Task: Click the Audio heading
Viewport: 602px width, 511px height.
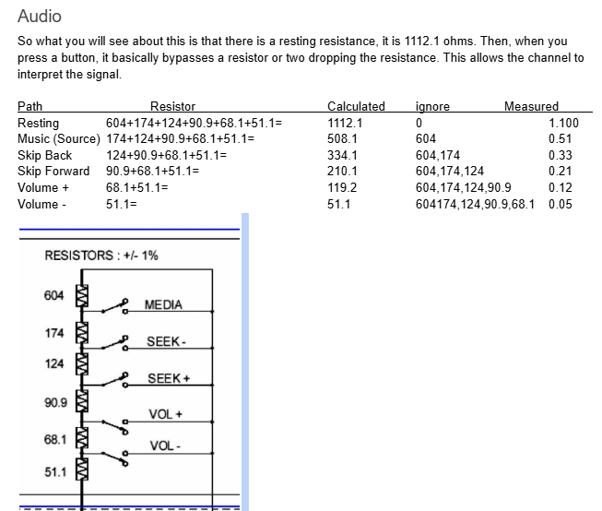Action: tap(40, 17)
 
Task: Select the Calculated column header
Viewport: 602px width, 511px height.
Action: tap(356, 107)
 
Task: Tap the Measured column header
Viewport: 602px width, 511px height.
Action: tap(531, 107)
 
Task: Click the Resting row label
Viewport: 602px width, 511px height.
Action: tap(38, 123)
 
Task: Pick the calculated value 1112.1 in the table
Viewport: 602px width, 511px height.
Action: tap(345, 123)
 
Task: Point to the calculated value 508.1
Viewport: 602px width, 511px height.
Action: tap(342, 139)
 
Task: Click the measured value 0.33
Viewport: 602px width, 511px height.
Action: tap(560, 155)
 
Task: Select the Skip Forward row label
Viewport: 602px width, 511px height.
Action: tap(53, 172)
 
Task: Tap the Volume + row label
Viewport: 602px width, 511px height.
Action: tap(43, 187)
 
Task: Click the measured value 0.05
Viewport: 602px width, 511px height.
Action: tap(560, 204)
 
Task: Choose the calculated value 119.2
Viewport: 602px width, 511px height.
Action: tap(342, 187)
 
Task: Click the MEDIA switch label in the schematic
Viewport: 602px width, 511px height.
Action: tap(163, 305)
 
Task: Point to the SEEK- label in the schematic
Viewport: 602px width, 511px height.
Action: tap(167, 342)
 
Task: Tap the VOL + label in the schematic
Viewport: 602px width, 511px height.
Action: tap(167, 413)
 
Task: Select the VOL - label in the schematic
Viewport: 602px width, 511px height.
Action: tap(166, 446)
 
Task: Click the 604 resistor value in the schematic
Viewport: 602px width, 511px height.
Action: tap(54, 295)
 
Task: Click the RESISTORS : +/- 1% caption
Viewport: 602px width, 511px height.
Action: tap(101, 255)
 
